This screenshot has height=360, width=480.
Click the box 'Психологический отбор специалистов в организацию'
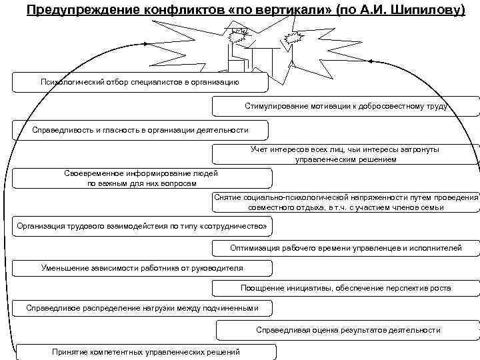coord(140,82)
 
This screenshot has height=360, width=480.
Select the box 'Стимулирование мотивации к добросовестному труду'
coord(345,106)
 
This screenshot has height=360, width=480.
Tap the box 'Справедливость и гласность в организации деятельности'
coord(140,129)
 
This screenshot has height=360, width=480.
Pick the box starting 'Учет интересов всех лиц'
coord(345,154)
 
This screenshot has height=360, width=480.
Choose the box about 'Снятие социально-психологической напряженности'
coord(345,203)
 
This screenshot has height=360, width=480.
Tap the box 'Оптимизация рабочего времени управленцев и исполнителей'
coord(345,249)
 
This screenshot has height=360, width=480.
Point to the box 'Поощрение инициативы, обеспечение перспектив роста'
coord(345,288)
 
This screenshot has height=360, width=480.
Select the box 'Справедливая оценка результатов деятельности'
coord(347,329)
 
